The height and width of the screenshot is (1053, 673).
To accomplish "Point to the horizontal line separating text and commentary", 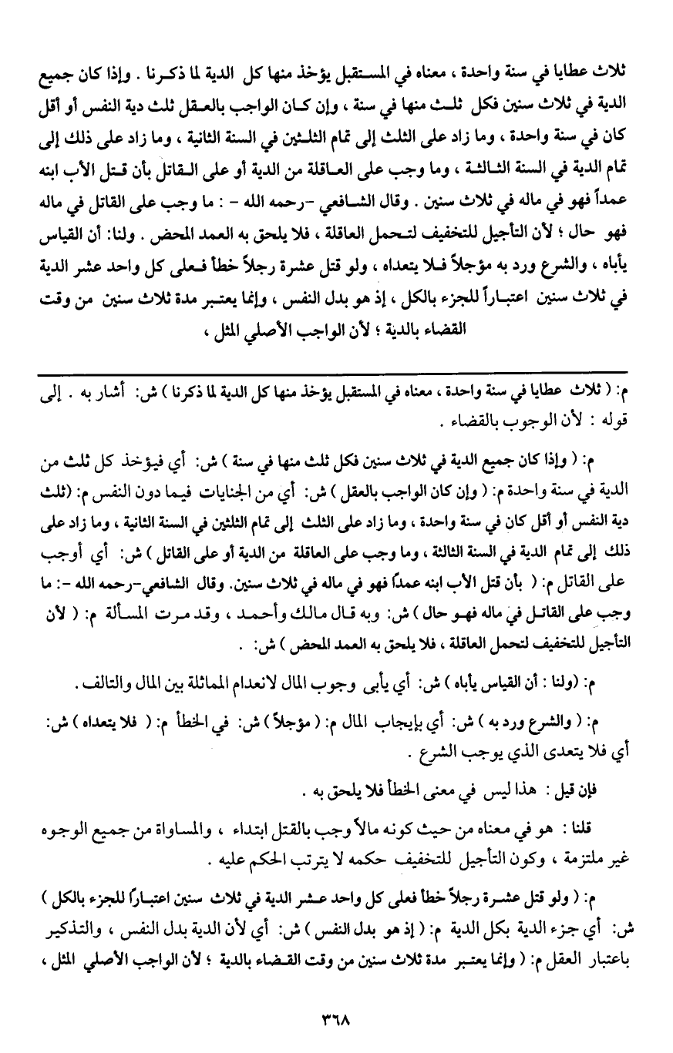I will click(x=336, y=372).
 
